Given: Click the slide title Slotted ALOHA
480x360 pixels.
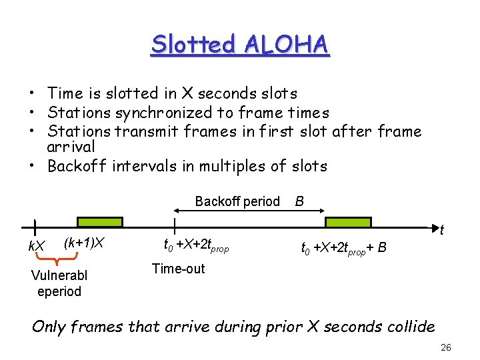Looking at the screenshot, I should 240,44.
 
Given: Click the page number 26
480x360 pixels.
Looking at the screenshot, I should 446,347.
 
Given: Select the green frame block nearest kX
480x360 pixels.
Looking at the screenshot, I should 100,222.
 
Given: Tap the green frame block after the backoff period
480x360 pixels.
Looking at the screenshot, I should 348,222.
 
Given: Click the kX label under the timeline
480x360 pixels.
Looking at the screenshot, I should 36,246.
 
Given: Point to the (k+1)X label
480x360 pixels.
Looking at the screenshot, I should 85,242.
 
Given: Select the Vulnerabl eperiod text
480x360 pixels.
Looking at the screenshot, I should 59,283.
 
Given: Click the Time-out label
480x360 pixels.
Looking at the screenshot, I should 178,269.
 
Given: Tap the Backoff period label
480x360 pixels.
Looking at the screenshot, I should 237,201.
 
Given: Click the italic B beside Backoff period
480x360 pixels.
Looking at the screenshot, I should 300,201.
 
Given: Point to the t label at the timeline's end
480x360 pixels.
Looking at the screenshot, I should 441,231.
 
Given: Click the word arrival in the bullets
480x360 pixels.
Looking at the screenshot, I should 71,146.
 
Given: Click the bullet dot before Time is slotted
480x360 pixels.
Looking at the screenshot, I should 31,94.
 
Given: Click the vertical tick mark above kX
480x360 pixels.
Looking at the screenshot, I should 35,228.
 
